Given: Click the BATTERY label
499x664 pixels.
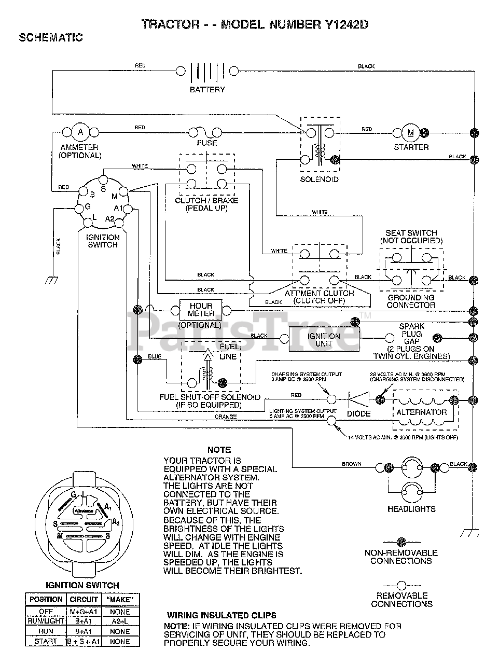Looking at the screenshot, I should pyautogui.click(x=207, y=90).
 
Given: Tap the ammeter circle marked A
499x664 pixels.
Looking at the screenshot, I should pyautogui.click(x=80, y=132).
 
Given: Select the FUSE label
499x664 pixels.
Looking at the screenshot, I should pyautogui.click(x=207, y=143).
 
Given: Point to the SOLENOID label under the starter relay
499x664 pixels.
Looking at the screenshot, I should pyautogui.click(x=320, y=179).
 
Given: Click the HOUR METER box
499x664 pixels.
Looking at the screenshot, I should pyautogui.click(x=201, y=310).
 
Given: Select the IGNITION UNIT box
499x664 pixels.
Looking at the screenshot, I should pyautogui.click(x=324, y=340).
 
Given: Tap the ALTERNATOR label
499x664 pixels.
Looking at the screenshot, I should pyautogui.click(x=421, y=412).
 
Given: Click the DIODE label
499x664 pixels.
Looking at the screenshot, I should pyautogui.click(x=358, y=413).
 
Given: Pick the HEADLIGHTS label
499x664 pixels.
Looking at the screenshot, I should pyautogui.click(x=411, y=509).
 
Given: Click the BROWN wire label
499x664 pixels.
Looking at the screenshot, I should pyautogui.click(x=351, y=464).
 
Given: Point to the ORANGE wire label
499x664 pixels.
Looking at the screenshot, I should pyautogui.click(x=225, y=417).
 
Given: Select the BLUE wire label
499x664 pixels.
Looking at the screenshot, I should pyautogui.click(x=155, y=357).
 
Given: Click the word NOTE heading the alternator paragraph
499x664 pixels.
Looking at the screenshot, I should pyautogui.click(x=219, y=450).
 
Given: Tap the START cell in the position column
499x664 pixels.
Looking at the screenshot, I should pyautogui.click(x=46, y=641).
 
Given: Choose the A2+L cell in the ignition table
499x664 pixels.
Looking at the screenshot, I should pyautogui.click(x=120, y=621).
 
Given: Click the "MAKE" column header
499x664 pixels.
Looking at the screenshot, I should pyautogui.click(x=120, y=600).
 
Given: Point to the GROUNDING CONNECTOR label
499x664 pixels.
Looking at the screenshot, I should pyautogui.click(x=411, y=301).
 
